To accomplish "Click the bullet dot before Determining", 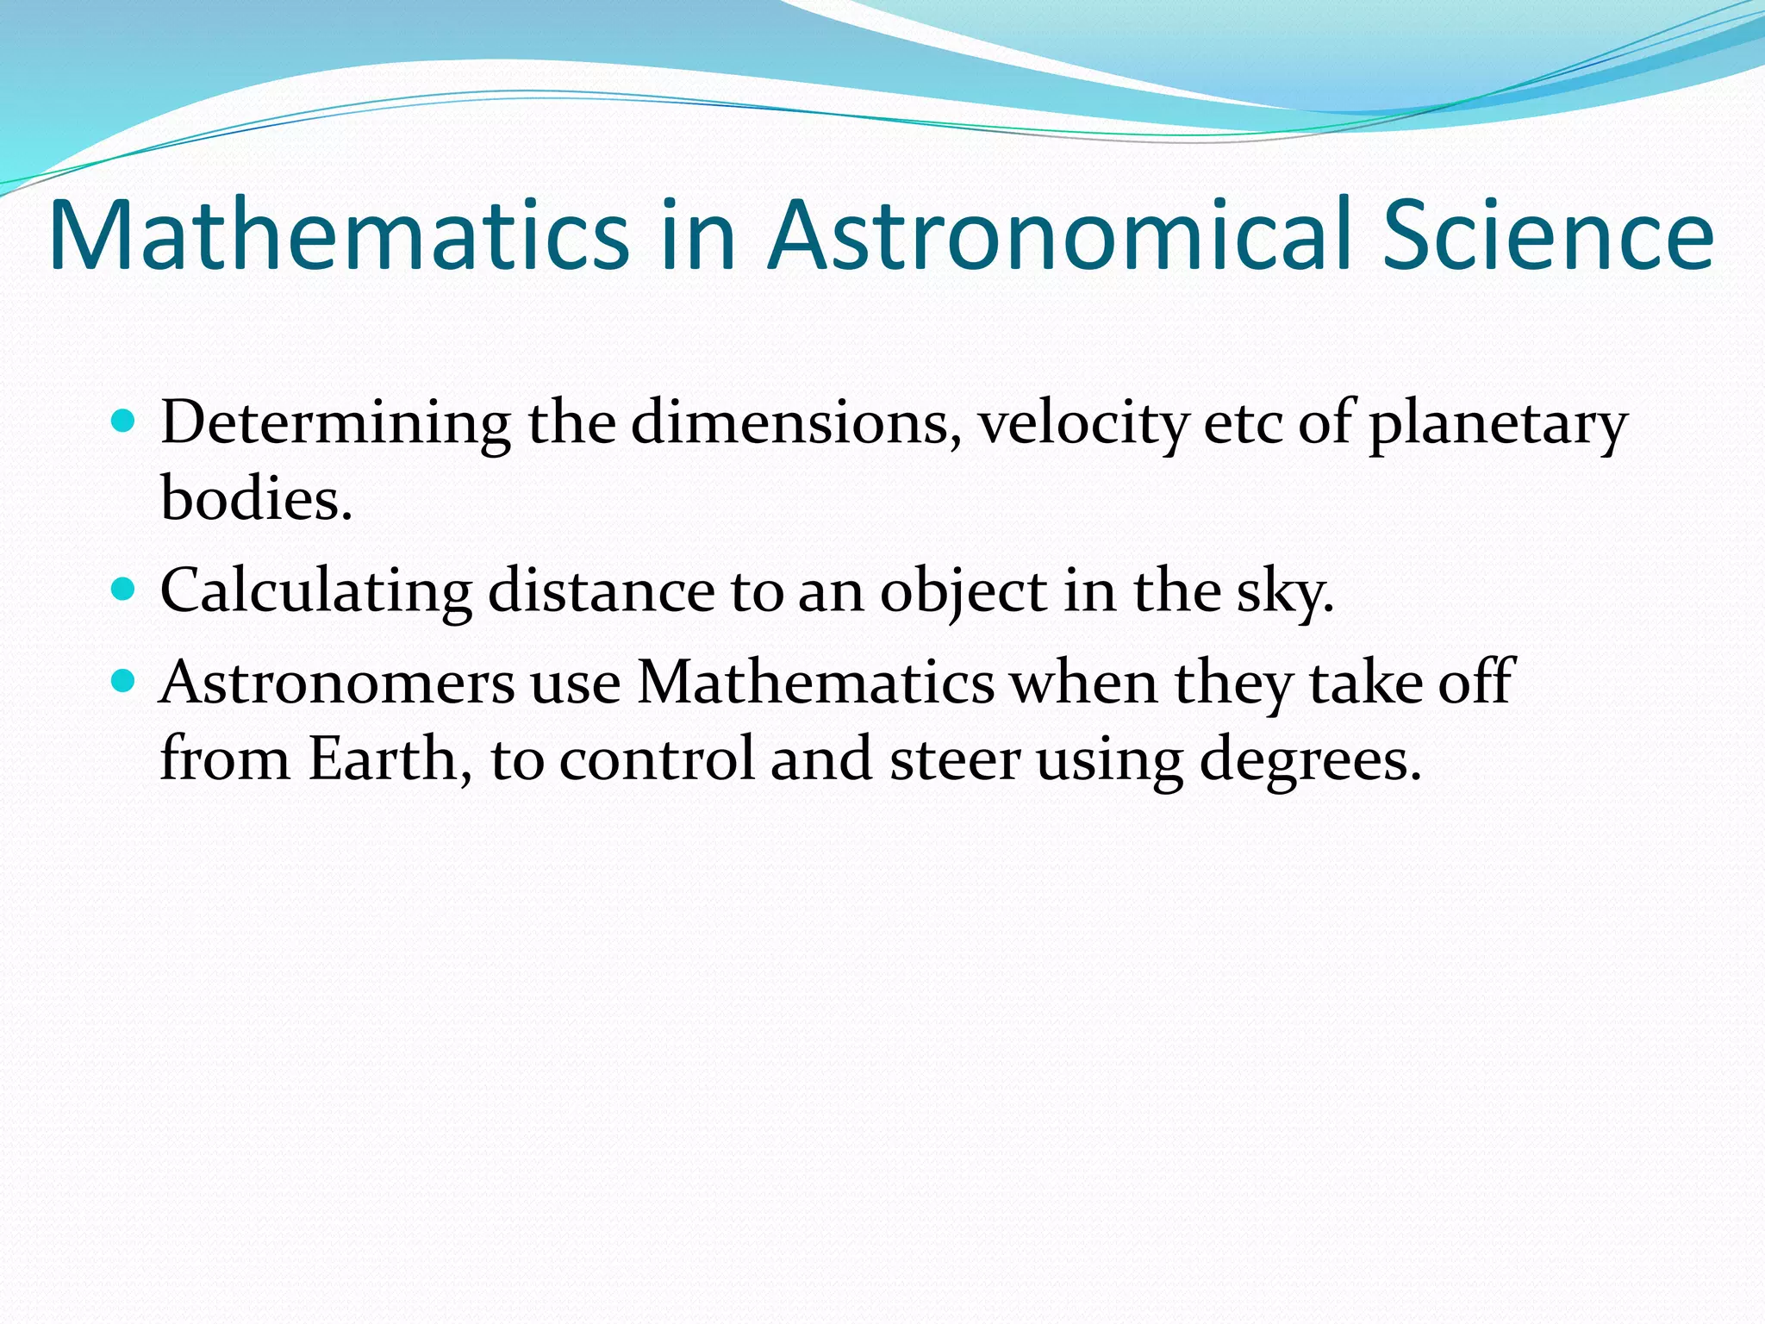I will click(x=124, y=422).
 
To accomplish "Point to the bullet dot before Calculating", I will click(x=124, y=590).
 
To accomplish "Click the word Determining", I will click(x=335, y=424).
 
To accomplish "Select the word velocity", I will click(x=1082, y=424).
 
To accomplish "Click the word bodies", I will click(x=256, y=500).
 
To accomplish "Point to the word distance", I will click(x=601, y=591).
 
